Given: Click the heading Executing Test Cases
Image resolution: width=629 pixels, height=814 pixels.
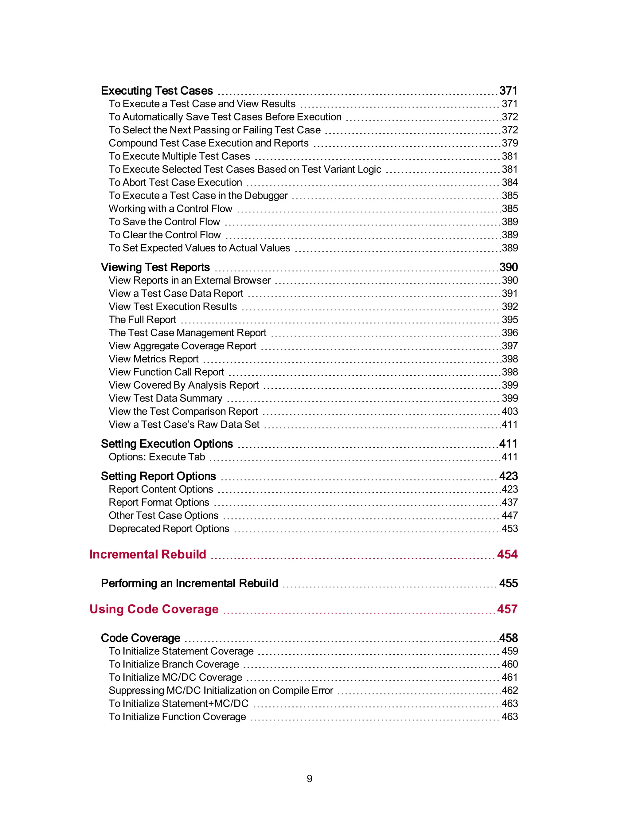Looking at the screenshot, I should click(x=157, y=91).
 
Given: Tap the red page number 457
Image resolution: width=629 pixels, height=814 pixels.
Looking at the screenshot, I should click(x=507, y=609).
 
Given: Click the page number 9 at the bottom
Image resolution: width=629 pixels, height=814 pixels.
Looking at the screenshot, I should click(x=309, y=779).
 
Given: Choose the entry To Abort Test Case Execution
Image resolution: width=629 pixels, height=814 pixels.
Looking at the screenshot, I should click(x=175, y=182).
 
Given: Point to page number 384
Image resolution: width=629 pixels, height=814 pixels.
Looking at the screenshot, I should click(x=510, y=182).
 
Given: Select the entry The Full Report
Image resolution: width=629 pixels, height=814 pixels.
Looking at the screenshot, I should click(x=142, y=319).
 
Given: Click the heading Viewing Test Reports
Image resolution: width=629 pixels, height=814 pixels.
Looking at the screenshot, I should click(x=155, y=267).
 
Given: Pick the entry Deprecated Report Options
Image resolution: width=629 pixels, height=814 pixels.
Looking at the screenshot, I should click(x=169, y=529).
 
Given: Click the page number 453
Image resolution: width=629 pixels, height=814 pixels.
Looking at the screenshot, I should click(x=510, y=529).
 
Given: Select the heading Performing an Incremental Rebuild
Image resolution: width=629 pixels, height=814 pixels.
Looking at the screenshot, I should click(x=189, y=583).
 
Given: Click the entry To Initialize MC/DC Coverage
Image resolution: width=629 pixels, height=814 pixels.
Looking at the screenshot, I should click(x=175, y=677).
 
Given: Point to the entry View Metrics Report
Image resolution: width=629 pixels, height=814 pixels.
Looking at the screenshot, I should click(x=154, y=359).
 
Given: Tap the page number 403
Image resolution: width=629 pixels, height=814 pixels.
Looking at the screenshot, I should click(x=510, y=411).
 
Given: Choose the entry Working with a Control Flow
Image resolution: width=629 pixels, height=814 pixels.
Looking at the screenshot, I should click(x=170, y=208).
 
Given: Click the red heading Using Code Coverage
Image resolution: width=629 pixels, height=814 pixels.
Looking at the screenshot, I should click(x=154, y=609).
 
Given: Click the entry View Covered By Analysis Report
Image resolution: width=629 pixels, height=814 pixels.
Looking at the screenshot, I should click(x=183, y=385).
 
